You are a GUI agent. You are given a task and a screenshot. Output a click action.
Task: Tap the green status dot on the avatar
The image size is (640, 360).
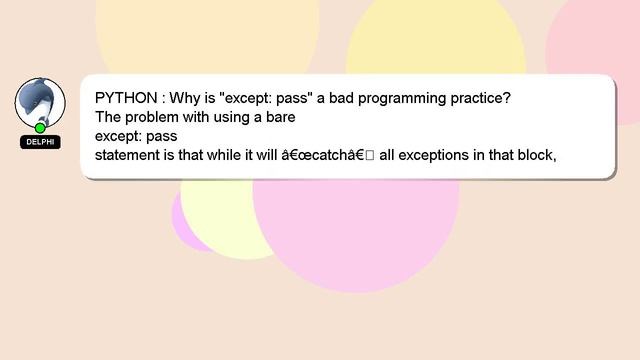click(x=40, y=128)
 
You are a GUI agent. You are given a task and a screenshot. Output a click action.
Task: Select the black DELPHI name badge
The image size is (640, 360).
click(x=40, y=142)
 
